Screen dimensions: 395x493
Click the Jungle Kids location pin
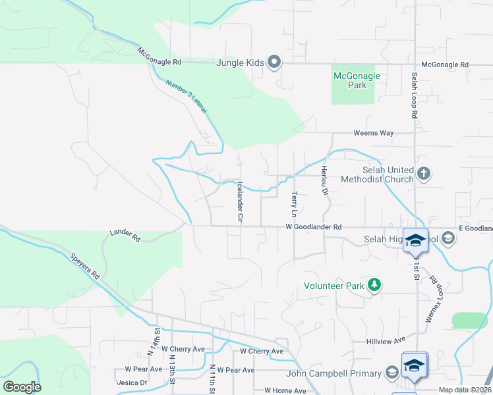click(x=275, y=63)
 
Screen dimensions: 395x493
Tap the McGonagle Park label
click(x=357, y=80)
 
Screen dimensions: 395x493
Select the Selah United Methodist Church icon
click(x=424, y=174)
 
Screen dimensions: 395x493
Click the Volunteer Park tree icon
click(x=375, y=285)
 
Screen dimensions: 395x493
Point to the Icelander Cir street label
click(x=240, y=201)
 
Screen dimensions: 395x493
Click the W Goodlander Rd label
click(x=313, y=227)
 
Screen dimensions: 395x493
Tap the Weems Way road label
click(x=373, y=133)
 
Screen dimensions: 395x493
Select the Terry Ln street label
click(x=294, y=204)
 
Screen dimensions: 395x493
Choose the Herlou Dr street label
click(x=324, y=180)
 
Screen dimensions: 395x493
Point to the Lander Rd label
click(x=125, y=235)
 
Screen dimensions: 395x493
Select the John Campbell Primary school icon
click(x=391, y=374)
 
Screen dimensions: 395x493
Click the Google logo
click(x=22, y=386)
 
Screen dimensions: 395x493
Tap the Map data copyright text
click(x=465, y=390)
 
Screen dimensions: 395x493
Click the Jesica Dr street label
click(x=131, y=382)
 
